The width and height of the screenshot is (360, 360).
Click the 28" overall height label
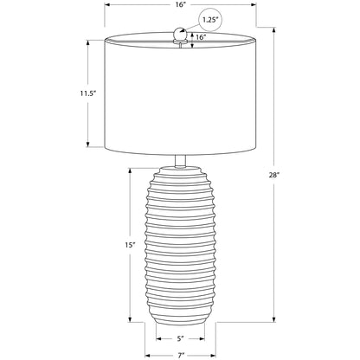pos(274,175)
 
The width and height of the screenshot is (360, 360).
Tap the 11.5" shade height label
pos(87,93)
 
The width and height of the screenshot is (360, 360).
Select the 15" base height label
pos(130,245)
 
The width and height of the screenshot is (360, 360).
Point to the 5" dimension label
pos(180,338)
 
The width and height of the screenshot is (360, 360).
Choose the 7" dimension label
pos(181,356)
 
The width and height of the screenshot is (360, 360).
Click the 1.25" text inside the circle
pos(210,20)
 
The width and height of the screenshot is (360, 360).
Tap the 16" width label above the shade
pos(181,5)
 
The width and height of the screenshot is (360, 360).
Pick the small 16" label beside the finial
pos(201,37)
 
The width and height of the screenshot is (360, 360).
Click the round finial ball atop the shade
pos(180,34)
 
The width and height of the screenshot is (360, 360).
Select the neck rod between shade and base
pos(180,161)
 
